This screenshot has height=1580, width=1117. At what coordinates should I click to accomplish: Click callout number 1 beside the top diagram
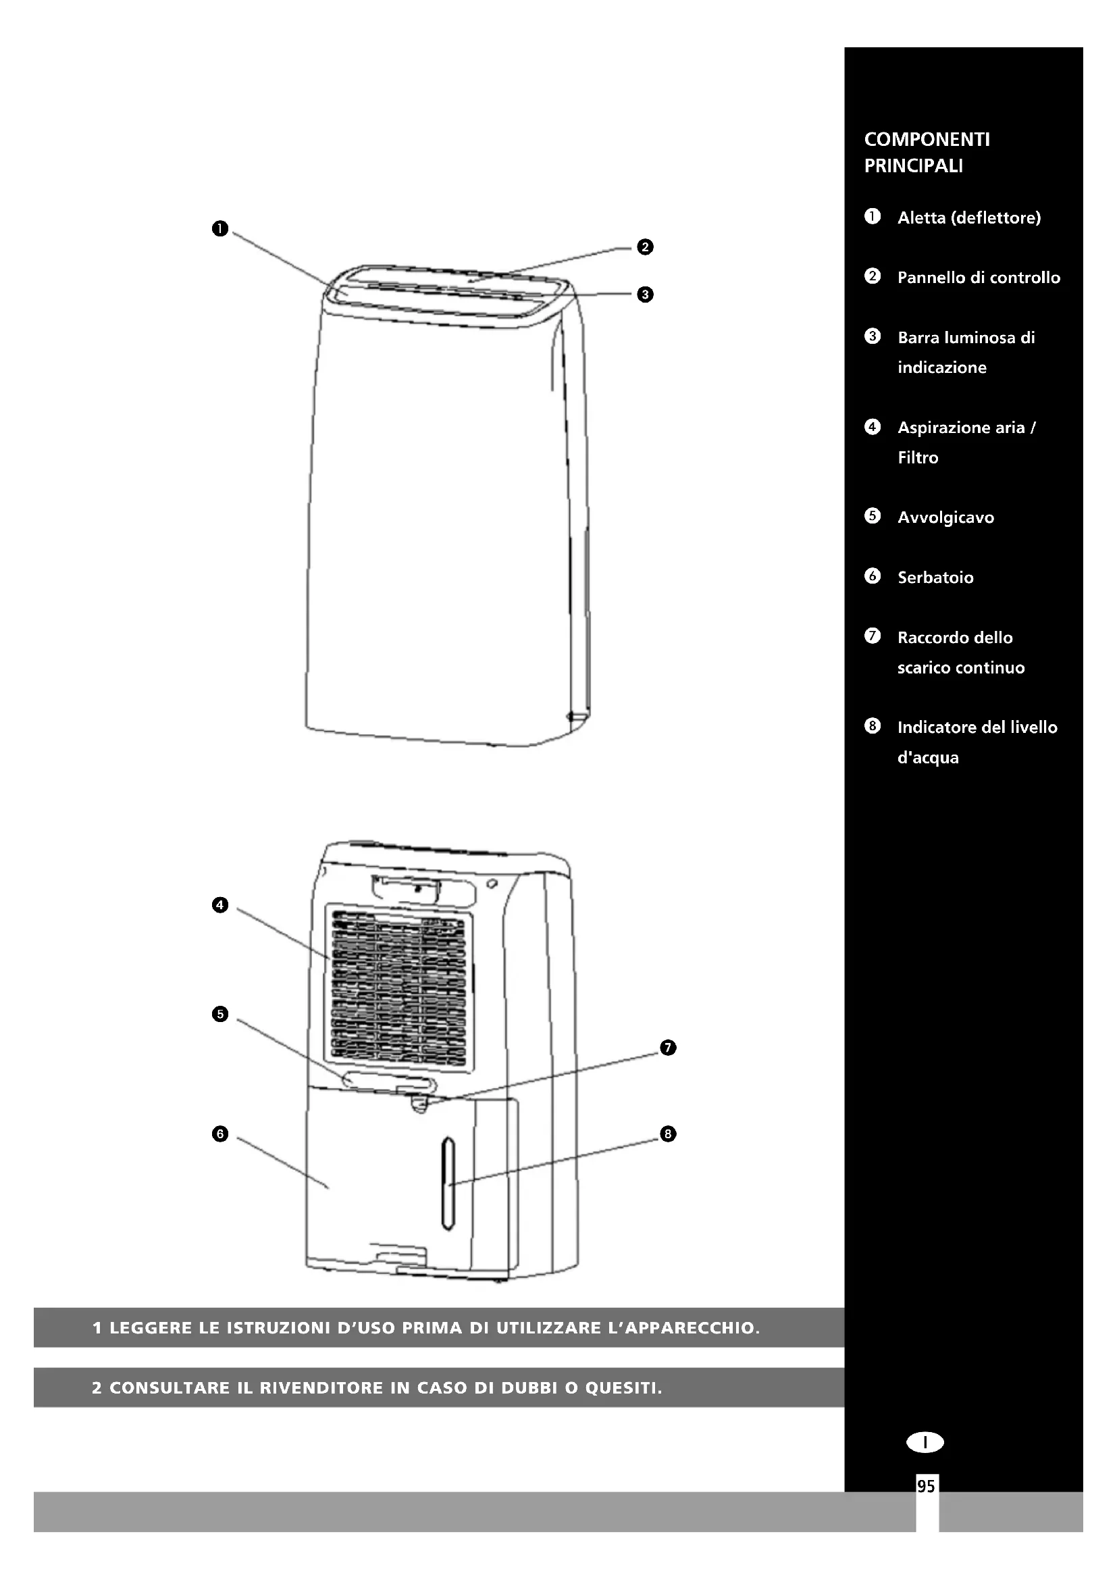coord(219,228)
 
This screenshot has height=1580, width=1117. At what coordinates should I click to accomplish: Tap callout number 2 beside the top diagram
coord(644,247)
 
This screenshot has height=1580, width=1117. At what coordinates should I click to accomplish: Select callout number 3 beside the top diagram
coord(644,295)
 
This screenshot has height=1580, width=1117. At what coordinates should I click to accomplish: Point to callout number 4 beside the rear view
coord(219,905)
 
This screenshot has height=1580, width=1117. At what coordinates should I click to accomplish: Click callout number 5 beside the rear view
coord(219,1014)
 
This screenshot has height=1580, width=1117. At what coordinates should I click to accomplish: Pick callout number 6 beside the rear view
coord(219,1134)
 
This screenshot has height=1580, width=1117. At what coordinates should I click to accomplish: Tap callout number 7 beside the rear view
coord(668,1048)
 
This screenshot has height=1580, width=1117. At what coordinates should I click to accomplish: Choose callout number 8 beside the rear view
coord(668,1133)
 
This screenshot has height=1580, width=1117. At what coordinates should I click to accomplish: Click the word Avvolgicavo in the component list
coord(945,517)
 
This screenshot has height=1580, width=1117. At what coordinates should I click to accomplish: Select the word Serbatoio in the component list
coord(935,578)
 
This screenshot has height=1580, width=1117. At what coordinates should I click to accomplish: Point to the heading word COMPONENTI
coord(927,140)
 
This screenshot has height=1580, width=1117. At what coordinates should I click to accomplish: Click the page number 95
coord(926,1486)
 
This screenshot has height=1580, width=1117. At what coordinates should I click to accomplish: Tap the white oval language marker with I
coord(925,1442)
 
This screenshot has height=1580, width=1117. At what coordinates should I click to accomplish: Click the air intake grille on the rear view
coord(398,988)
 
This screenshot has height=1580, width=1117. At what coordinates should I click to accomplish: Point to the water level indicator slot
coord(448,1183)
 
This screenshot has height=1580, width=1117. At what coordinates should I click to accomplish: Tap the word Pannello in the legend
coord(929,278)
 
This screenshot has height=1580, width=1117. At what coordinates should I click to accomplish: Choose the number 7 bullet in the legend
coord(872,636)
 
